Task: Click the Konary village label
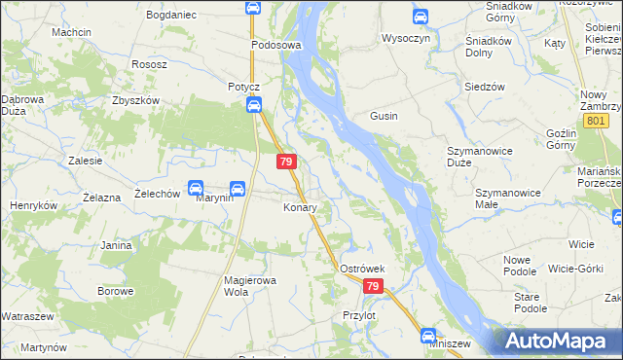coord(300,208)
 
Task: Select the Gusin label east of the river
coord(384,116)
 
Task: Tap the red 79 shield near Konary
coord(286,162)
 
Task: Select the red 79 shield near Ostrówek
coord(375,286)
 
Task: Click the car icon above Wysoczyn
coord(420,17)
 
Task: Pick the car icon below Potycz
coord(253,106)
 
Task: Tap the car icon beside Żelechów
coord(195,188)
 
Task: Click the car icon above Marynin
coord(237,188)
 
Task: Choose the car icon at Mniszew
coord(428,337)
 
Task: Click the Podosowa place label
coord(276,45)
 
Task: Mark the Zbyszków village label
coord(134,100)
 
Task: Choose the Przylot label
coord(359,315)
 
